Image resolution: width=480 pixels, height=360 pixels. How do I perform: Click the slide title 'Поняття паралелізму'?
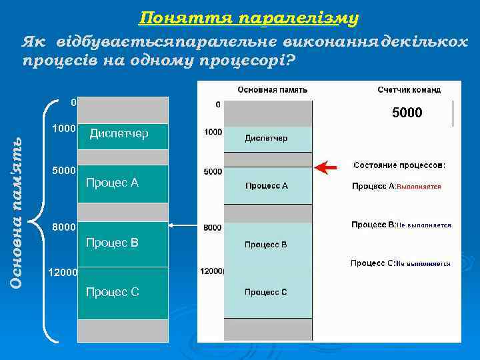pos(250,17)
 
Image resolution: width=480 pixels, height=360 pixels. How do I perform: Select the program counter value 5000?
pos(407,113)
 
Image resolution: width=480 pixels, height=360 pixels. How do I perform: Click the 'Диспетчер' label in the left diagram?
pos(119,134)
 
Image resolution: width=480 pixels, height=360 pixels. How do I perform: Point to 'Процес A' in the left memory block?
pos(112,183)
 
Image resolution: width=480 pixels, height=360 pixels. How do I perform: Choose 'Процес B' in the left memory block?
pos(112,243)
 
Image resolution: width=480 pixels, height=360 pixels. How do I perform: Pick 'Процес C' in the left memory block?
pos(112,292)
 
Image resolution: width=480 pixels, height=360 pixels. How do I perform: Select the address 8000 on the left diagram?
pos(65,227)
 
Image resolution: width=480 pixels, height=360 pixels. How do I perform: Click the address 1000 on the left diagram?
pos(65,127)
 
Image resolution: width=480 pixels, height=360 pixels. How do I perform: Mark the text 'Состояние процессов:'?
pos(399,165)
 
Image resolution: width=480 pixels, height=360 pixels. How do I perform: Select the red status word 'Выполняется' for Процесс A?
pos(419,187)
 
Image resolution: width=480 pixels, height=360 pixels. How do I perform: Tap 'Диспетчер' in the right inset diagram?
pos(266,138)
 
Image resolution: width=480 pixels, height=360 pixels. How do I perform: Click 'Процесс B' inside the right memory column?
pos(265,245)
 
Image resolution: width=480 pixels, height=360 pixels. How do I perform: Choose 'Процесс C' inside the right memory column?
pos(265,292)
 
